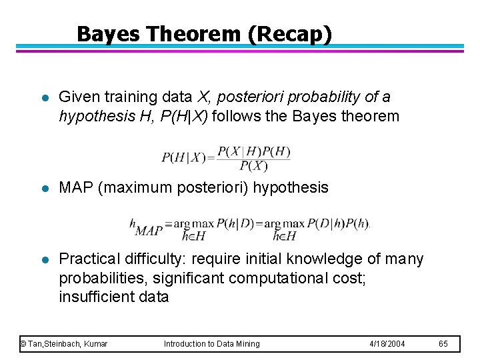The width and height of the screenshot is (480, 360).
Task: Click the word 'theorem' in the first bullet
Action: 370,117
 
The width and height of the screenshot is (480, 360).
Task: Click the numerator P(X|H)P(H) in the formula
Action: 254,152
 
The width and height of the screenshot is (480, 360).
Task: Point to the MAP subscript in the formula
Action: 149,231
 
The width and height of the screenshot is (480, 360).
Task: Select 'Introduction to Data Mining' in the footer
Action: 212,343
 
